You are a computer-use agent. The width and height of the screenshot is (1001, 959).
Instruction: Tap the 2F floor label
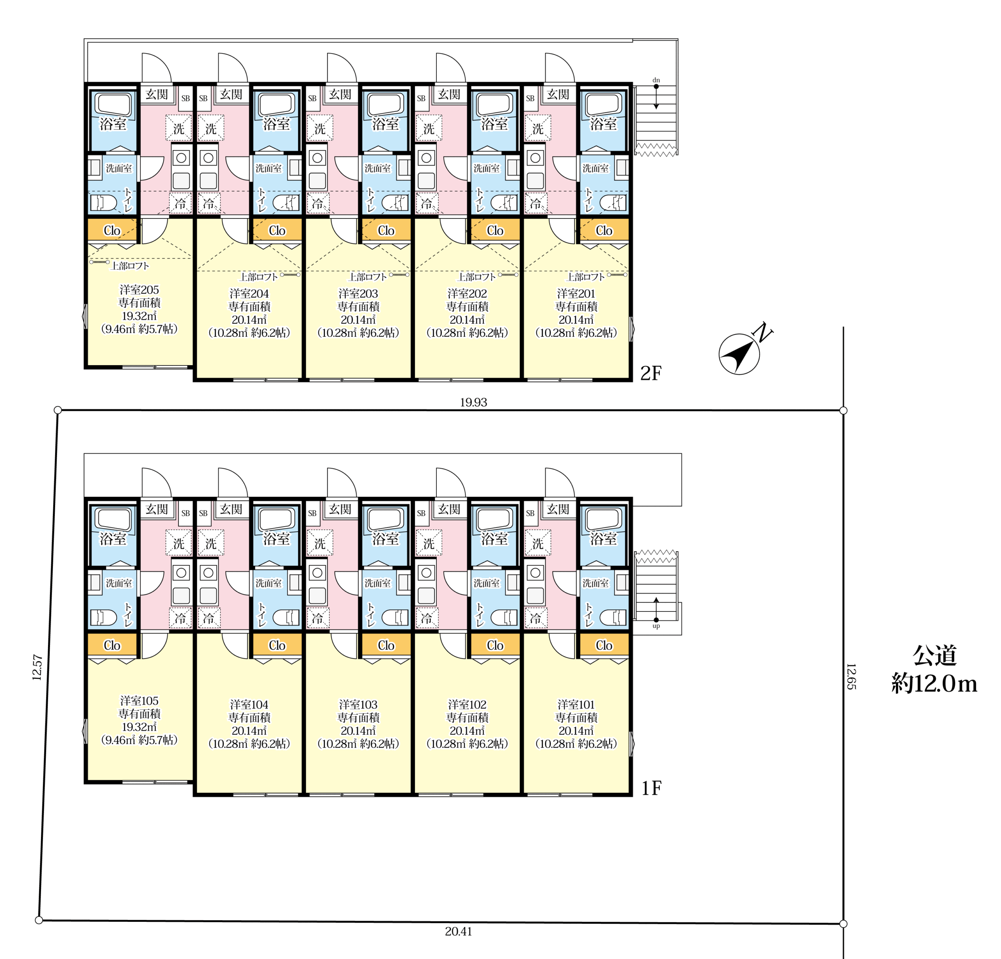click(651, 374)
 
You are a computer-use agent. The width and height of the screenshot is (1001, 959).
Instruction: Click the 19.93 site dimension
click(474, 402)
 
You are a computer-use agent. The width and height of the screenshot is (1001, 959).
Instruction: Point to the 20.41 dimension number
click(458, 931)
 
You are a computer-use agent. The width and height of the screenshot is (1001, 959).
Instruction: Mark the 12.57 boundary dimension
click(37, 667)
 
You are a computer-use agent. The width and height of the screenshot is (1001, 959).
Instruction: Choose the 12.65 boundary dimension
click(851, 677)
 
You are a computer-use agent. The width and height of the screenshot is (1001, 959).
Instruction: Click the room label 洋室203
click(358, 294)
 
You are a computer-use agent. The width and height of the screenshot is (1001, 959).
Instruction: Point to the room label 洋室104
click(249, 705)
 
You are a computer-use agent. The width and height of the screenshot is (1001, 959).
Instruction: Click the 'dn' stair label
click(656, 80)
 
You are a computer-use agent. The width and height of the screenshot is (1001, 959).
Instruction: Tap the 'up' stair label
click(656, 626)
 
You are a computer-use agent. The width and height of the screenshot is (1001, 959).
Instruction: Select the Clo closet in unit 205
click(112, 230)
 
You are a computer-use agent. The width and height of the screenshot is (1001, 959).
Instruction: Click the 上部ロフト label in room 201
click(585, 277)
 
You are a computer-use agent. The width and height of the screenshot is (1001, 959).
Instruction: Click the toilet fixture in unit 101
click(613, 618)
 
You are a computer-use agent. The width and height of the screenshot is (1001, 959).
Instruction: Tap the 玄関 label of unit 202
click(449, 95)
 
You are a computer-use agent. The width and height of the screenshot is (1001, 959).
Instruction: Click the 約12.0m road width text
click(934, 684)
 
